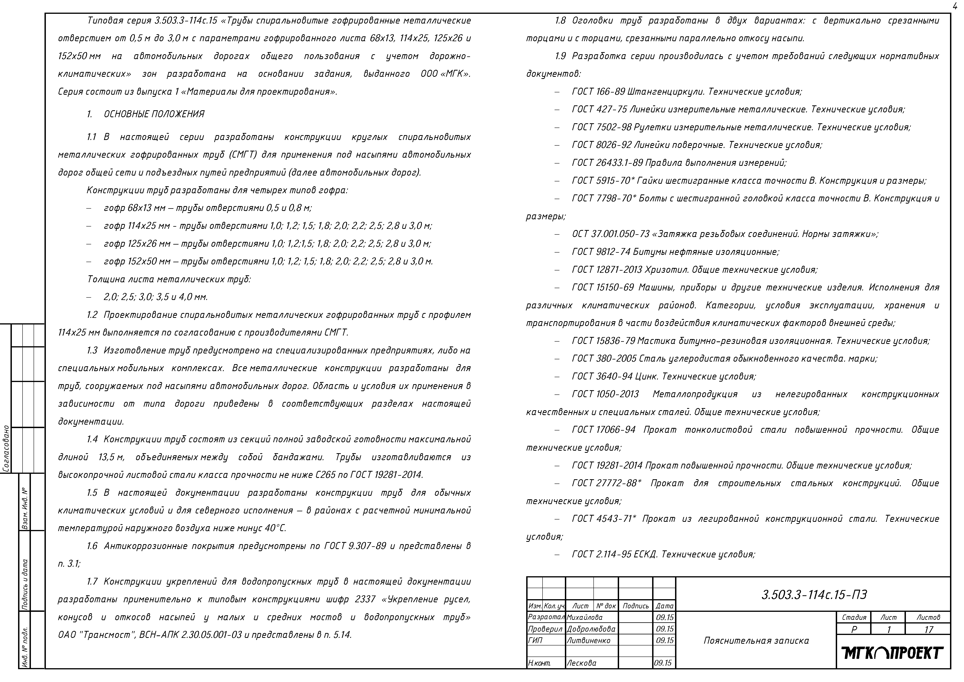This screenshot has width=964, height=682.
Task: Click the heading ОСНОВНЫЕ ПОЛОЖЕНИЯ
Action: coord(154,114)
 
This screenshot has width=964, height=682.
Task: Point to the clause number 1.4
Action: coord(92,439)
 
